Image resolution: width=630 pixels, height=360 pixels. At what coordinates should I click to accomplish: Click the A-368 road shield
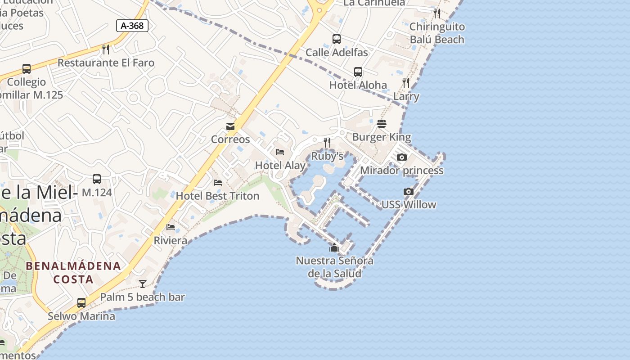tap(132, 26)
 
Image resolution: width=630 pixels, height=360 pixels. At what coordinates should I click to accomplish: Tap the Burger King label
tap(382, 137)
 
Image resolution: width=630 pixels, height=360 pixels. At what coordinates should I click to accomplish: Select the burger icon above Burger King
tap(382, 124)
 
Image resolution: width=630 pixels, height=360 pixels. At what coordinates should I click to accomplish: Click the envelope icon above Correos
tap(230, 126)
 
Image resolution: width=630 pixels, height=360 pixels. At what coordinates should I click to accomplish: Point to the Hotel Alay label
tap(280, 165)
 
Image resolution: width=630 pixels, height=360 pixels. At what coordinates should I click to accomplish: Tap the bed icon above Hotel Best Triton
tap(218, 183)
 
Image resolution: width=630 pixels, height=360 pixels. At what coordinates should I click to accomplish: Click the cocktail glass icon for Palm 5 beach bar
tap(143, 283)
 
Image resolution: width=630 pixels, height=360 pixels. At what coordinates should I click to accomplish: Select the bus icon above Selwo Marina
tap(81, 303)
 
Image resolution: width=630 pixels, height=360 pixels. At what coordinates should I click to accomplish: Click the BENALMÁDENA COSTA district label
tap(73, 272)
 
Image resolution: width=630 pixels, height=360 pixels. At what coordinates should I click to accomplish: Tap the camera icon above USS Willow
tap(409, 192)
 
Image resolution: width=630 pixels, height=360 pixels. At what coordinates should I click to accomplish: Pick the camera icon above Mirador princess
tap(402, 157)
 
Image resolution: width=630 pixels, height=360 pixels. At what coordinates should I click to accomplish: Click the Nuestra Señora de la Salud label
tap(334, 267)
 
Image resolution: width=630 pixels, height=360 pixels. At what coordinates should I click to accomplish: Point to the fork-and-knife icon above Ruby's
tap(327, 143)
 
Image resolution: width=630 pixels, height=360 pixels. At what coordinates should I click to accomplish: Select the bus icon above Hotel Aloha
tap(358, 72)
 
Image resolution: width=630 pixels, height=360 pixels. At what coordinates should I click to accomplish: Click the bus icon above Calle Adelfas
tap(337, 39)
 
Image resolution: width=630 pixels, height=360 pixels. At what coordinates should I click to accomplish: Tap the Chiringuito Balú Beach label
tap(437, 33)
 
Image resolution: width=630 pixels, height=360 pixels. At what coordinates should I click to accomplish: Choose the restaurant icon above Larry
tap(406, 83)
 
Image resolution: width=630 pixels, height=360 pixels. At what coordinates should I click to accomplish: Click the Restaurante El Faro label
tap(106, 63)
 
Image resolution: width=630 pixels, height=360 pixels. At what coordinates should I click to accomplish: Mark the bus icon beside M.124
tap(97, 179)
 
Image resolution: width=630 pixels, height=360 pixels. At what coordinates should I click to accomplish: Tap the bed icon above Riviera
tap(171, 227)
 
